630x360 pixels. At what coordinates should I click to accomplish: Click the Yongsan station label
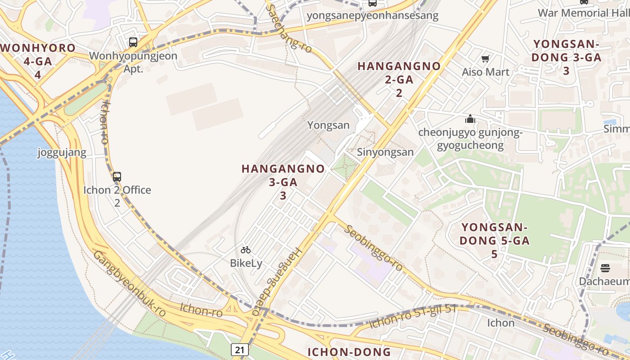(x=328, y=125)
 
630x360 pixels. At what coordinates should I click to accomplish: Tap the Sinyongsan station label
(x=385, y=152)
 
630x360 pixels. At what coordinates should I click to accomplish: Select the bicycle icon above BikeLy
(x=245, y=250)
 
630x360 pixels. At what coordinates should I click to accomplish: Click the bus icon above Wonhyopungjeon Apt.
(x=133, y=42)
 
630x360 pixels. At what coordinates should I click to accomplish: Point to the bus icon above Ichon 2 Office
(x=117, y=177)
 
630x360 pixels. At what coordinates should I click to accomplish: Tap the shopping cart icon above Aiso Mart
(x=485, y=58)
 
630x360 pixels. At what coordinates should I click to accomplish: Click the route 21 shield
(x=240, y=349)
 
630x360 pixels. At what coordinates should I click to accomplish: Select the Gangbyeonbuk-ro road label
(x=129, y=283)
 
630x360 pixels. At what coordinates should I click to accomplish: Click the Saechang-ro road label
(x=289, y=28)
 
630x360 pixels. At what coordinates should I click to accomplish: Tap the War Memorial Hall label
(x=583, y=13)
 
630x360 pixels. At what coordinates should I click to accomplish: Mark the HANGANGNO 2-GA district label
(x=399, y=79)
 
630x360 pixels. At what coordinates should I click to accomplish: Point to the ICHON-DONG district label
(x=349, y=352)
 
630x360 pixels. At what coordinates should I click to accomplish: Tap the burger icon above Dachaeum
(x=605, y=268)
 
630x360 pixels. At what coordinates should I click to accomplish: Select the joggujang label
(x=62, y=153)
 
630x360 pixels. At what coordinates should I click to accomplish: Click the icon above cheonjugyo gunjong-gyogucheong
(x=470, y=119)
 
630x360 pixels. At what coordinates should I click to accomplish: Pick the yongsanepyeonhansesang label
(x=372, y=16)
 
